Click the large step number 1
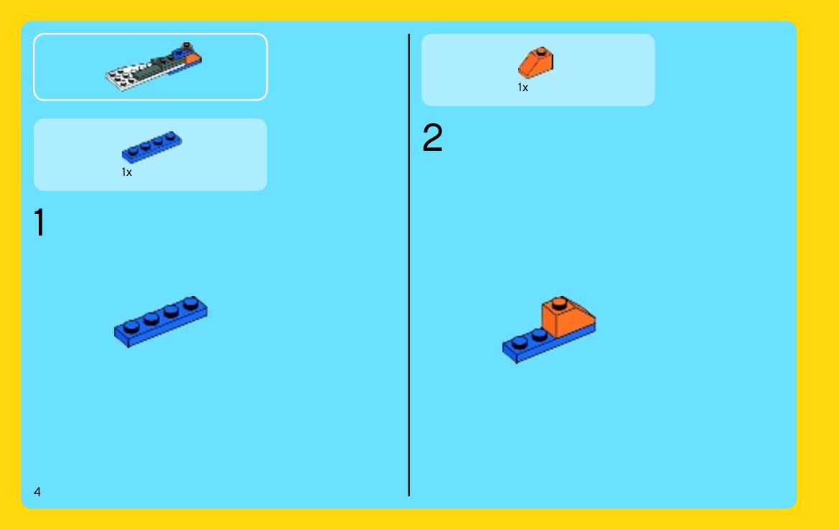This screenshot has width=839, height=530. click(x=39, y=222)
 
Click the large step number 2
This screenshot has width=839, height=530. click(x=432, y=137)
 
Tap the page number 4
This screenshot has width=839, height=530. click(x=37, y=491)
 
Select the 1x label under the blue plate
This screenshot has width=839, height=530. click(x=127, y=172)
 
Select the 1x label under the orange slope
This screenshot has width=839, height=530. click(x=522, y=88)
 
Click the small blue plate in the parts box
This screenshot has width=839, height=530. click(x=151, y=147)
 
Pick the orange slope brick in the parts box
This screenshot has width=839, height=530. click(x=535, y=63)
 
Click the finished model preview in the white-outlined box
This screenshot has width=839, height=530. click(x=154, y=67)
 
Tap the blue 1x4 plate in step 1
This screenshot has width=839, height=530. click(x=161, y=321)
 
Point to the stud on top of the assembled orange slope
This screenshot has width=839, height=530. click(x=559, y=303)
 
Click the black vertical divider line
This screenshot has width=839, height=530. click(x=409, y=265)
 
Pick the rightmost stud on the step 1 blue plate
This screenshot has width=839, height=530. click(x=190, y=303)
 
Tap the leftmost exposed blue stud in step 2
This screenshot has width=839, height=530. click(x=520, y=342)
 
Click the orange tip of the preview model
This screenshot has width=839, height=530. click(x=192, y=58)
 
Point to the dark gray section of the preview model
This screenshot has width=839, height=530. click(x=155, y=67)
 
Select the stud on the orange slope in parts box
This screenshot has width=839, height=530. click(x=541, y=52)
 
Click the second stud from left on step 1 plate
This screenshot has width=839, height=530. click(x=151, y=318)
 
